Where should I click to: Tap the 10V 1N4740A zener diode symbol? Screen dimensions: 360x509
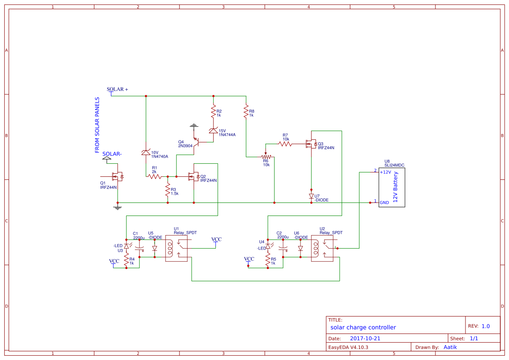(x=146, y=152)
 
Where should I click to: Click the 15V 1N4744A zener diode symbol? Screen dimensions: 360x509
(x=213, y=131)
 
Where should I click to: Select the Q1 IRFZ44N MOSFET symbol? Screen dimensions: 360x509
(x=118, y=176)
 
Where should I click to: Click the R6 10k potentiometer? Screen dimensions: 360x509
(x=266, y=157)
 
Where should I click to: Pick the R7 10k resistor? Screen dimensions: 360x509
(x=285, y=144)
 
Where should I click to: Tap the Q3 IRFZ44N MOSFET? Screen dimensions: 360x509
(x=311, y=144)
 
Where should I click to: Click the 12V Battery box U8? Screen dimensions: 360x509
(x=391, y=188)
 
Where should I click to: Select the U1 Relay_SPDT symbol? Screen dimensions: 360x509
(x=176, y=249)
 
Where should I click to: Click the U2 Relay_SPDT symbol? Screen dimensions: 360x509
(x=322, y=249)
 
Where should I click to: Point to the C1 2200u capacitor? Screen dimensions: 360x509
(x=139, y=249)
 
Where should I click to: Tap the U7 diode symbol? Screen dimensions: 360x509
(x=311, y=196)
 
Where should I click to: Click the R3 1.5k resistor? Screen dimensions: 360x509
(x=167, y=190)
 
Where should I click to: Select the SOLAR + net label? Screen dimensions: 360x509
(x=118, y=89)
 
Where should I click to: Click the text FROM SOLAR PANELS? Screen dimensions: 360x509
(x=97, y=128)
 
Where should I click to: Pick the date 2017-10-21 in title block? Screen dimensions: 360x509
(x=365, y=338)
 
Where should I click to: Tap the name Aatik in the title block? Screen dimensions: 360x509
(x=450, y=347)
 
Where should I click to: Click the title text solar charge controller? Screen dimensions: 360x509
(x=363, y=327)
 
